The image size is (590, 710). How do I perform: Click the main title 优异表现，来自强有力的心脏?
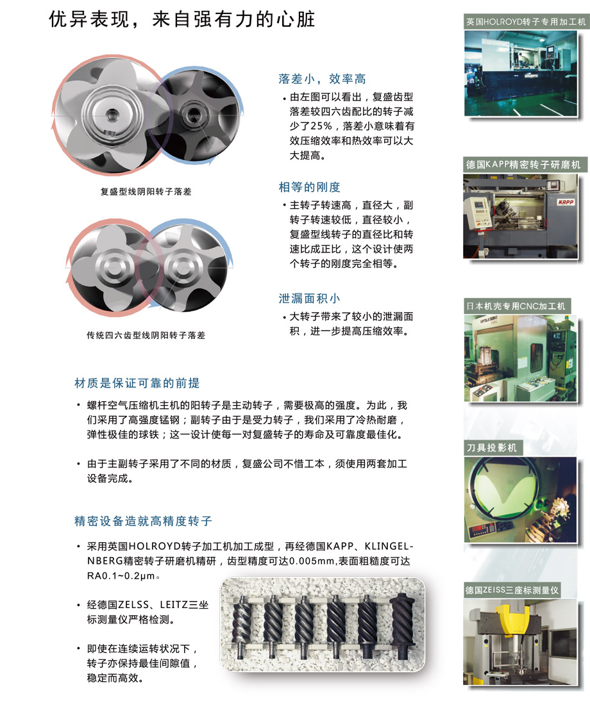[x=181, y=19]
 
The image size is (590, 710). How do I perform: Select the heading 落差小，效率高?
[x=322, y=79]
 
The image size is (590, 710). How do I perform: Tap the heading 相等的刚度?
[x=310, y=187]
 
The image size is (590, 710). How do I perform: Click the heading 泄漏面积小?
[x=310, y=299]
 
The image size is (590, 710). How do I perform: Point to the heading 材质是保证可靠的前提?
[x=137, y=383]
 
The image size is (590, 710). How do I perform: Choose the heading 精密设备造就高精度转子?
[x=143, y=521]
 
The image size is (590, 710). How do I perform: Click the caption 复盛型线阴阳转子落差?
[x=146, y=192]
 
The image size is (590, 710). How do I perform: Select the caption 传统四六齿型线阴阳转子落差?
[x=146, y=335]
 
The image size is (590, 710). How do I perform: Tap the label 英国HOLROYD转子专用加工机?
[x=526, y=21]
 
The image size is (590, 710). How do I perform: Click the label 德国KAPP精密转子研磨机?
[x=523, y=165]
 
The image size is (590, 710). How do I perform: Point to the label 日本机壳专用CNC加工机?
[x=516, y=306]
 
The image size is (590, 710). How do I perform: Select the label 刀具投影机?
[x=492, y=448]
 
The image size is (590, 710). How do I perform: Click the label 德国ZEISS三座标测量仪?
[x=512, y=590]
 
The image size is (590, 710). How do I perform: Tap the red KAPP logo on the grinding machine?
[x=566, y=202]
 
